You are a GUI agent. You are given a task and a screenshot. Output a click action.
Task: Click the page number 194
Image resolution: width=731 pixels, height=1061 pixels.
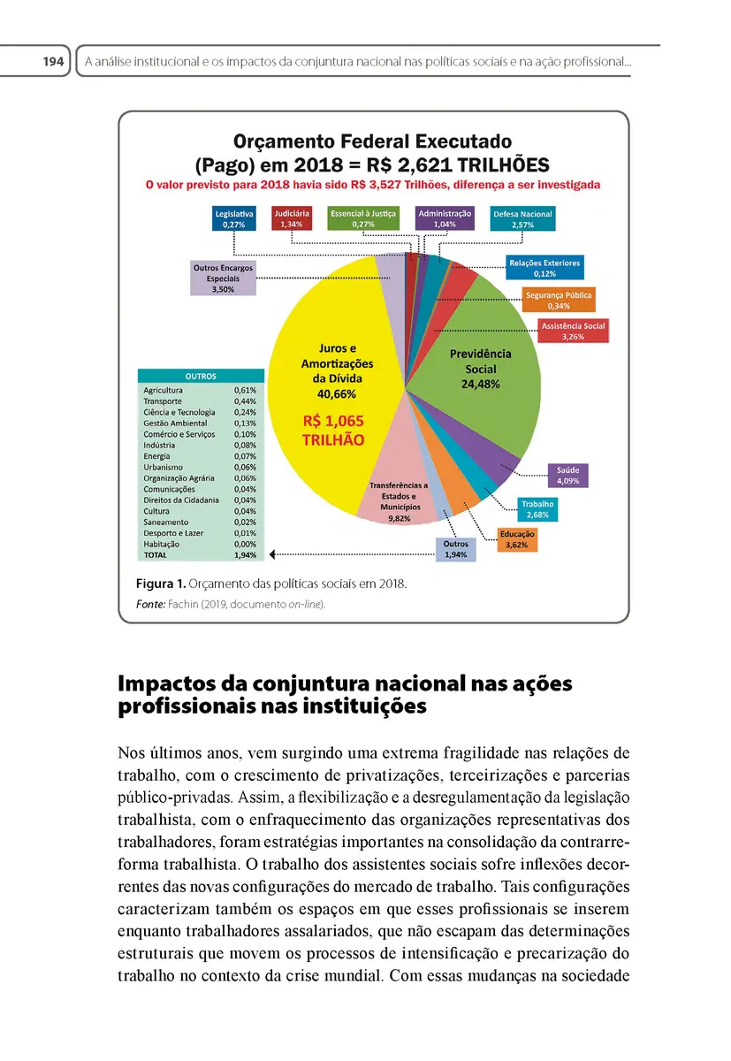click(x=53, y=63)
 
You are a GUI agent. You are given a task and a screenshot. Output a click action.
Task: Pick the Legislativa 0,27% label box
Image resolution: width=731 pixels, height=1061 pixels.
click(x=234, y=219)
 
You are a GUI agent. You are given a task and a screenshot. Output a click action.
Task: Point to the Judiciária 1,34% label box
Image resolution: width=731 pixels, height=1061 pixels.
click(x=292, y=219)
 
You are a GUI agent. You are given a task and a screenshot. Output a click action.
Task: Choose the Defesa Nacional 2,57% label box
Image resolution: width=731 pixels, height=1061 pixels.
click(x=522, y=219)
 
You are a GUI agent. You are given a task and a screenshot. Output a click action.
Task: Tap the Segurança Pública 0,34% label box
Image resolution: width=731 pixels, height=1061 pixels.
click(x=559, y=300)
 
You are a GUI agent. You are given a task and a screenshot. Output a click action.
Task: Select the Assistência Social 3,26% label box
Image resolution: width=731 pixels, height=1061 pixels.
click(x=574, y=331)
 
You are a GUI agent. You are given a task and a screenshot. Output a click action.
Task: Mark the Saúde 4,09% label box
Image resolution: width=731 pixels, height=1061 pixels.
click(x=567, y=476)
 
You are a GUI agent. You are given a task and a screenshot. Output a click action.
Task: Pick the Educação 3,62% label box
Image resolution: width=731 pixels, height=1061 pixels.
click(x=517, y=540)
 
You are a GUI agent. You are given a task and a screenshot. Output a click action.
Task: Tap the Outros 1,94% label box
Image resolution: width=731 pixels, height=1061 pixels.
click(x=456, y=550)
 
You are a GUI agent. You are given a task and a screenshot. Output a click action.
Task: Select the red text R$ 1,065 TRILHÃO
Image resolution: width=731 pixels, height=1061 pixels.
click(x=333, y=430)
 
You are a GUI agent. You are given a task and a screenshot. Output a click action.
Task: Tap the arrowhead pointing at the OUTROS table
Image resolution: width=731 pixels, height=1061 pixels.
click(x=274, y=554)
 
